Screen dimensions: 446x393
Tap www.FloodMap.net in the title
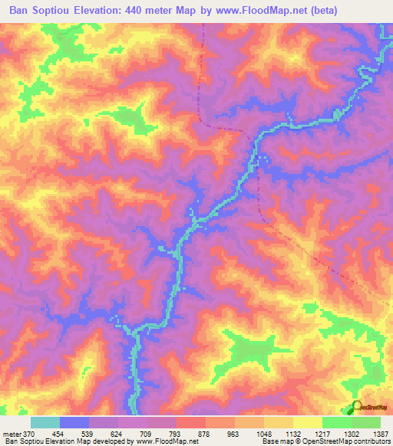(262, 11)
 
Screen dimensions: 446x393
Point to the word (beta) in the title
(325, 11)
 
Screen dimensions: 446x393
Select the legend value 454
(69, 433)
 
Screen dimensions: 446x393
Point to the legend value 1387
(378, 433)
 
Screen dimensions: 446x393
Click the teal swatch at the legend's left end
(45, 422)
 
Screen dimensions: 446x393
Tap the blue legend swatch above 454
(74, 422)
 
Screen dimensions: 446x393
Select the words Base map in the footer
(272, 441)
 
